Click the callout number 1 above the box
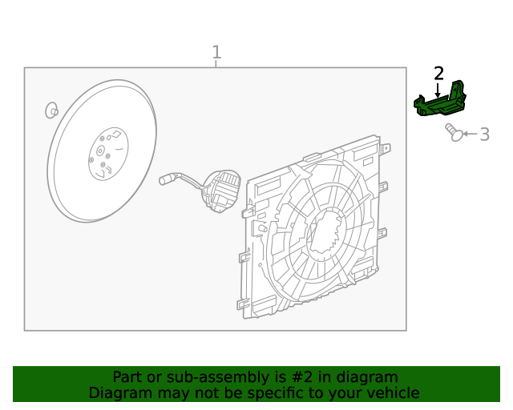coord(216,53)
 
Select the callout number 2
coord(438,74)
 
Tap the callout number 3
coord(484,135)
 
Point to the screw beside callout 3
coord(454,132)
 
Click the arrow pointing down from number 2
coord(438,90)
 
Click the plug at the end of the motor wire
coord(167,179)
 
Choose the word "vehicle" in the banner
coord(391,393)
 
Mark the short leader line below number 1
coord(216,64)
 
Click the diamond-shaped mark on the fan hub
coord(116,133)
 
